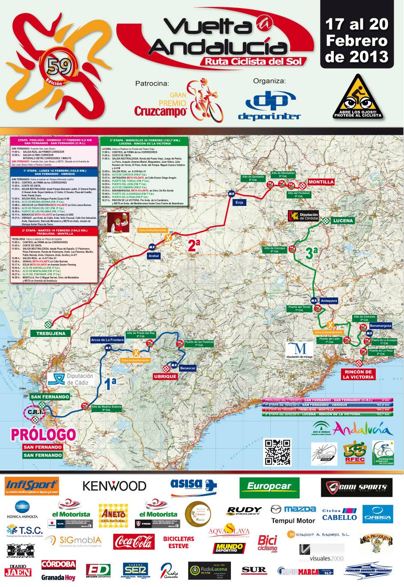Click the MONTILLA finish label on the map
point(321,182)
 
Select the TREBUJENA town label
point(51,334)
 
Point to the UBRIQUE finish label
point(165,377)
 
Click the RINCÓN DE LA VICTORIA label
point(358,375)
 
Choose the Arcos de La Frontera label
point(107,340)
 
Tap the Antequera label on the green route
point(329,301)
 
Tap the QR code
point(277,452)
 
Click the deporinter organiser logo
point(269,107)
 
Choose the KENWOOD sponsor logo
point(114,486)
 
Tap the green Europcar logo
point(269,486)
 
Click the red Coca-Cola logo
point(134,542)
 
